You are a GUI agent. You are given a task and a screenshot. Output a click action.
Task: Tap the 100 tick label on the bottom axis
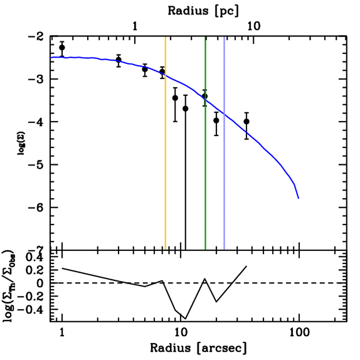coord(299,332)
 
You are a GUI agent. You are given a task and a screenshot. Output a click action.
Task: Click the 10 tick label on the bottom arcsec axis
coord(180,332)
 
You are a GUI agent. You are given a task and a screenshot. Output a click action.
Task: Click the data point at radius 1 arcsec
coord(62,47)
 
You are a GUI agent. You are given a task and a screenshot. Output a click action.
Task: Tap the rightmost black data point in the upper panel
coord(246,121)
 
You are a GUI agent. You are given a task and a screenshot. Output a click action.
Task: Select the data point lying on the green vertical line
coord(205,96)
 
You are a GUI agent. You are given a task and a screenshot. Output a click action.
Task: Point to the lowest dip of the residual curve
coord(185,319)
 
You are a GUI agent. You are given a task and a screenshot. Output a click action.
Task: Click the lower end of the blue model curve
coord(298,198)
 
